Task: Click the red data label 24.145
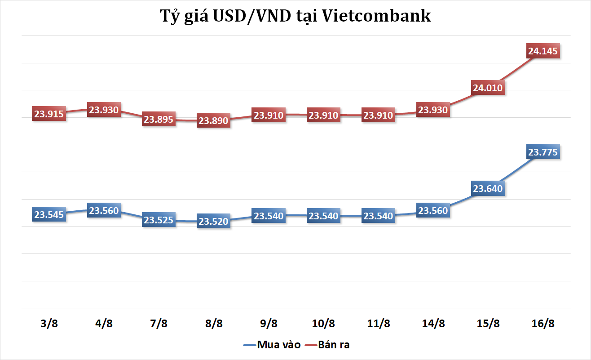click(x=543, y=51)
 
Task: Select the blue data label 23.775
click(x=543, y=152)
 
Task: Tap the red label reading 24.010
click(x=488, y=88)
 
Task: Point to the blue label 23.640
click(x=488, y=189)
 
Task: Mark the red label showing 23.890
click(x=214, y=121)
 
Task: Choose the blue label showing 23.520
click(x=214, y=221)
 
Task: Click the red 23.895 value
click(x=159, y=120)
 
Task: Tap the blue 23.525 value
click(x=159, y=220)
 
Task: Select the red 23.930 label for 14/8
click(x=433, y=110)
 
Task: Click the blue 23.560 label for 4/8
click(x=104, y=210)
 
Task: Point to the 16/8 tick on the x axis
click(x=543, y=323)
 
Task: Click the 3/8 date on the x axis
click(x=49, y=323)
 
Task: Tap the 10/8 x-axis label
click(x=323, y=323)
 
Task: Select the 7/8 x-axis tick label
click(x=159, y=323)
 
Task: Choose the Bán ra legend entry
click(x=333, y=345)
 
